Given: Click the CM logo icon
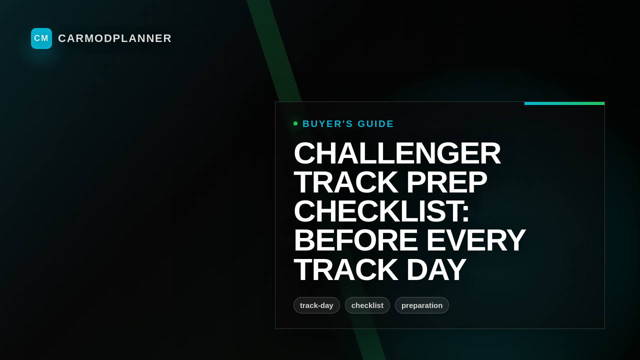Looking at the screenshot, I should pyautogui.click(x=41, y=38).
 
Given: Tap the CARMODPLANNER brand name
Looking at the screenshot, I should pyautogui.click(x=114, y=38).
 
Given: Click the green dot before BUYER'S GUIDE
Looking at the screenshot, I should pyautogui.click(x=295, y=123).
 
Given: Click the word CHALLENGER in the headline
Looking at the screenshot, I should pyautogui.click(x=397, y=153).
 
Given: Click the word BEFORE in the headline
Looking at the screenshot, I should pyautogui.click(x=355, y=240).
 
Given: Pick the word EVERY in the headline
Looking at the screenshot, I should pyautogui.click(x=475, y=240).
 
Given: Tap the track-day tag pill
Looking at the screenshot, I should pyautogui.click(x=316, y=305).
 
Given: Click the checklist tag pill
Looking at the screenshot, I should pyautogui.click(x=367, y=305).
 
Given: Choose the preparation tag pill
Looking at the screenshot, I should pyautogui.click(x=422, y=305).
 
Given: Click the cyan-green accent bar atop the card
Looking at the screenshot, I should pyautogui.click(x=564, y=103).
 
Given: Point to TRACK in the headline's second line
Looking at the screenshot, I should pyautogui.click(x=345, y=182).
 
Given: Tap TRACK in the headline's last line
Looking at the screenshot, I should pyautogui.click(x=345, y=269).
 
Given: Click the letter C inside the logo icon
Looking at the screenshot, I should pyautogui.click(x=37, y=38).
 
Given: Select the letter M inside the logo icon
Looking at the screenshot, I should pyautogui.click(x=45, y=38).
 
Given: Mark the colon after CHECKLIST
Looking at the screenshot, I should pyautogui.click(x=465, y=212).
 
